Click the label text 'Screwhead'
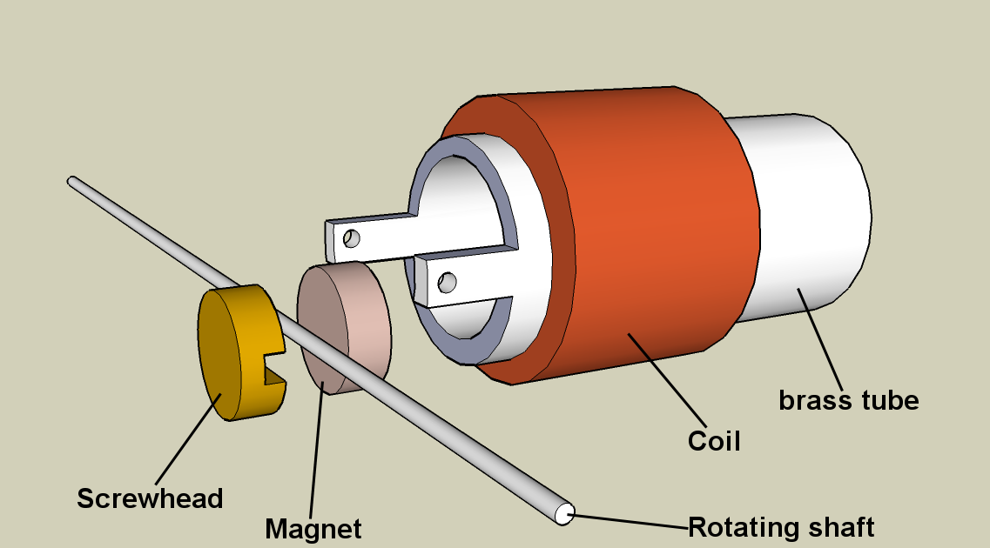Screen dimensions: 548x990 tap(150, 498)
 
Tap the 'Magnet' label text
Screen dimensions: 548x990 tap(313, 528)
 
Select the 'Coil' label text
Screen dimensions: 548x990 tap(714, 441)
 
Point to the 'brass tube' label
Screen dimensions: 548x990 tap(848, 400)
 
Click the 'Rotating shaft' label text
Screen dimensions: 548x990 tap(781, 527)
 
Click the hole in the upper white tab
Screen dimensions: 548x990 tap(351, 237)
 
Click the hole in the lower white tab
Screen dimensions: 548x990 tap(448, 281)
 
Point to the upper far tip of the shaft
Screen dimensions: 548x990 tap(72, 181)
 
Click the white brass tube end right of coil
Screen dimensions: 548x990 tap(810, 217)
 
